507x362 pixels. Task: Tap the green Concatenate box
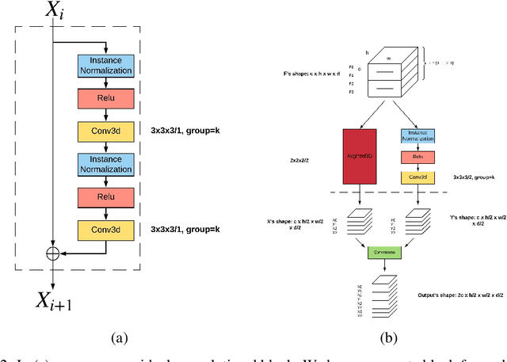[384, 252]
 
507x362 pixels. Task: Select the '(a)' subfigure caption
[118, 337]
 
